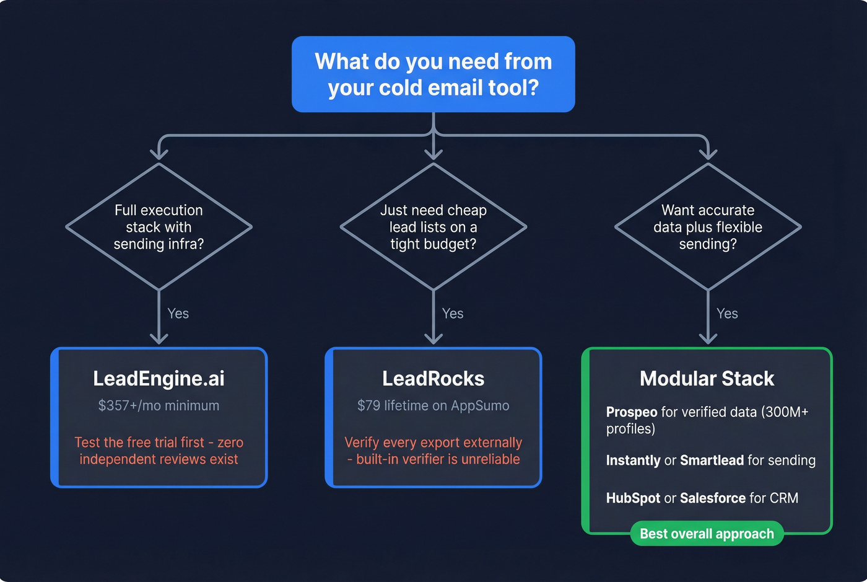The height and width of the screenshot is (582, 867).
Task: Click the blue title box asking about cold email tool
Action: tap(433, 74)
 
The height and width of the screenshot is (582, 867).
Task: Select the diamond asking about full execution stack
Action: tap(159, 227)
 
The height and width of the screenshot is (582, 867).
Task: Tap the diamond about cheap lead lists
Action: tap(433, 227)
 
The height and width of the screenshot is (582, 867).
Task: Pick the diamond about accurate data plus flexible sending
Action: tap(708, 227)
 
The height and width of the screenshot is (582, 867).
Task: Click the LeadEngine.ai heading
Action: tap(159, 379)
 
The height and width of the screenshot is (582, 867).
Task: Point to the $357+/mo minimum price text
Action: tap(159, 405)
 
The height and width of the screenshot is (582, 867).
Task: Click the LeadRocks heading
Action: tap(433, 379)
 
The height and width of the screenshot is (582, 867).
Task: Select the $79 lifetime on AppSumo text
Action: tap(433, 405)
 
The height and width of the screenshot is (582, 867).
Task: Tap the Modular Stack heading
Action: tap(707, 379)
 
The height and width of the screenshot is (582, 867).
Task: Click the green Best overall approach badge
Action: tap(707, 534)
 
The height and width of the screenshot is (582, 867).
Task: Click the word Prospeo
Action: tap(631, 412)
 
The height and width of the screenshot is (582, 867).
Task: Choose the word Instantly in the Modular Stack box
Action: tap(633, 461)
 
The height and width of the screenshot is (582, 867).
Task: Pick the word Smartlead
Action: tap(712, 461)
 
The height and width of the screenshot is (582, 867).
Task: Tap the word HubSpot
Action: tap(632, 498)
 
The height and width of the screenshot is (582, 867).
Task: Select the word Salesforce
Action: tap(712, 498)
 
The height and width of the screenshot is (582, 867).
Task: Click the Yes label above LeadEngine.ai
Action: tap(178, 314)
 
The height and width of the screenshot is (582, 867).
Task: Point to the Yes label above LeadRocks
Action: tap(453, 314)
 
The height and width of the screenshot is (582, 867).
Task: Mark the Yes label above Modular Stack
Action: tap(727, 314)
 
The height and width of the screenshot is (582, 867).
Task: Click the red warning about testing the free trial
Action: tap(159, 451)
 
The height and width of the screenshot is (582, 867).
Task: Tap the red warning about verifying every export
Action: tap(433, 451)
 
